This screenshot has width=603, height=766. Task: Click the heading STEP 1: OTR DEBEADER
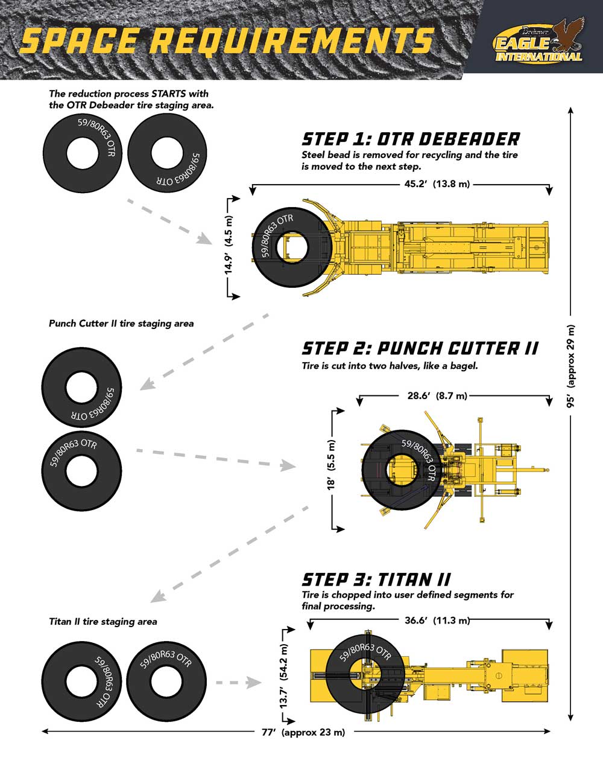coord(411,139)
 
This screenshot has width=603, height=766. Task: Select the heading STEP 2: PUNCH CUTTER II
coord(420,348)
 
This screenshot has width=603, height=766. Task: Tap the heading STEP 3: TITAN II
coord(376,580)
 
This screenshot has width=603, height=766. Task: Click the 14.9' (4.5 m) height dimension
coord(229,246)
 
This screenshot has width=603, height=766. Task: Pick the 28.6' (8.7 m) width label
coord(437,396)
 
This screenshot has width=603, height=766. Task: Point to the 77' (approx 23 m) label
coord(303,733)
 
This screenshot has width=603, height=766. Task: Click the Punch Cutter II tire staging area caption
coord(121,324)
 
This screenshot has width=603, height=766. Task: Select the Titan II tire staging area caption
coord(103,621)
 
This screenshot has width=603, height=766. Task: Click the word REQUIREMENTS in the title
coord(292,40)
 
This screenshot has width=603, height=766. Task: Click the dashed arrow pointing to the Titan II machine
coord(239,683)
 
